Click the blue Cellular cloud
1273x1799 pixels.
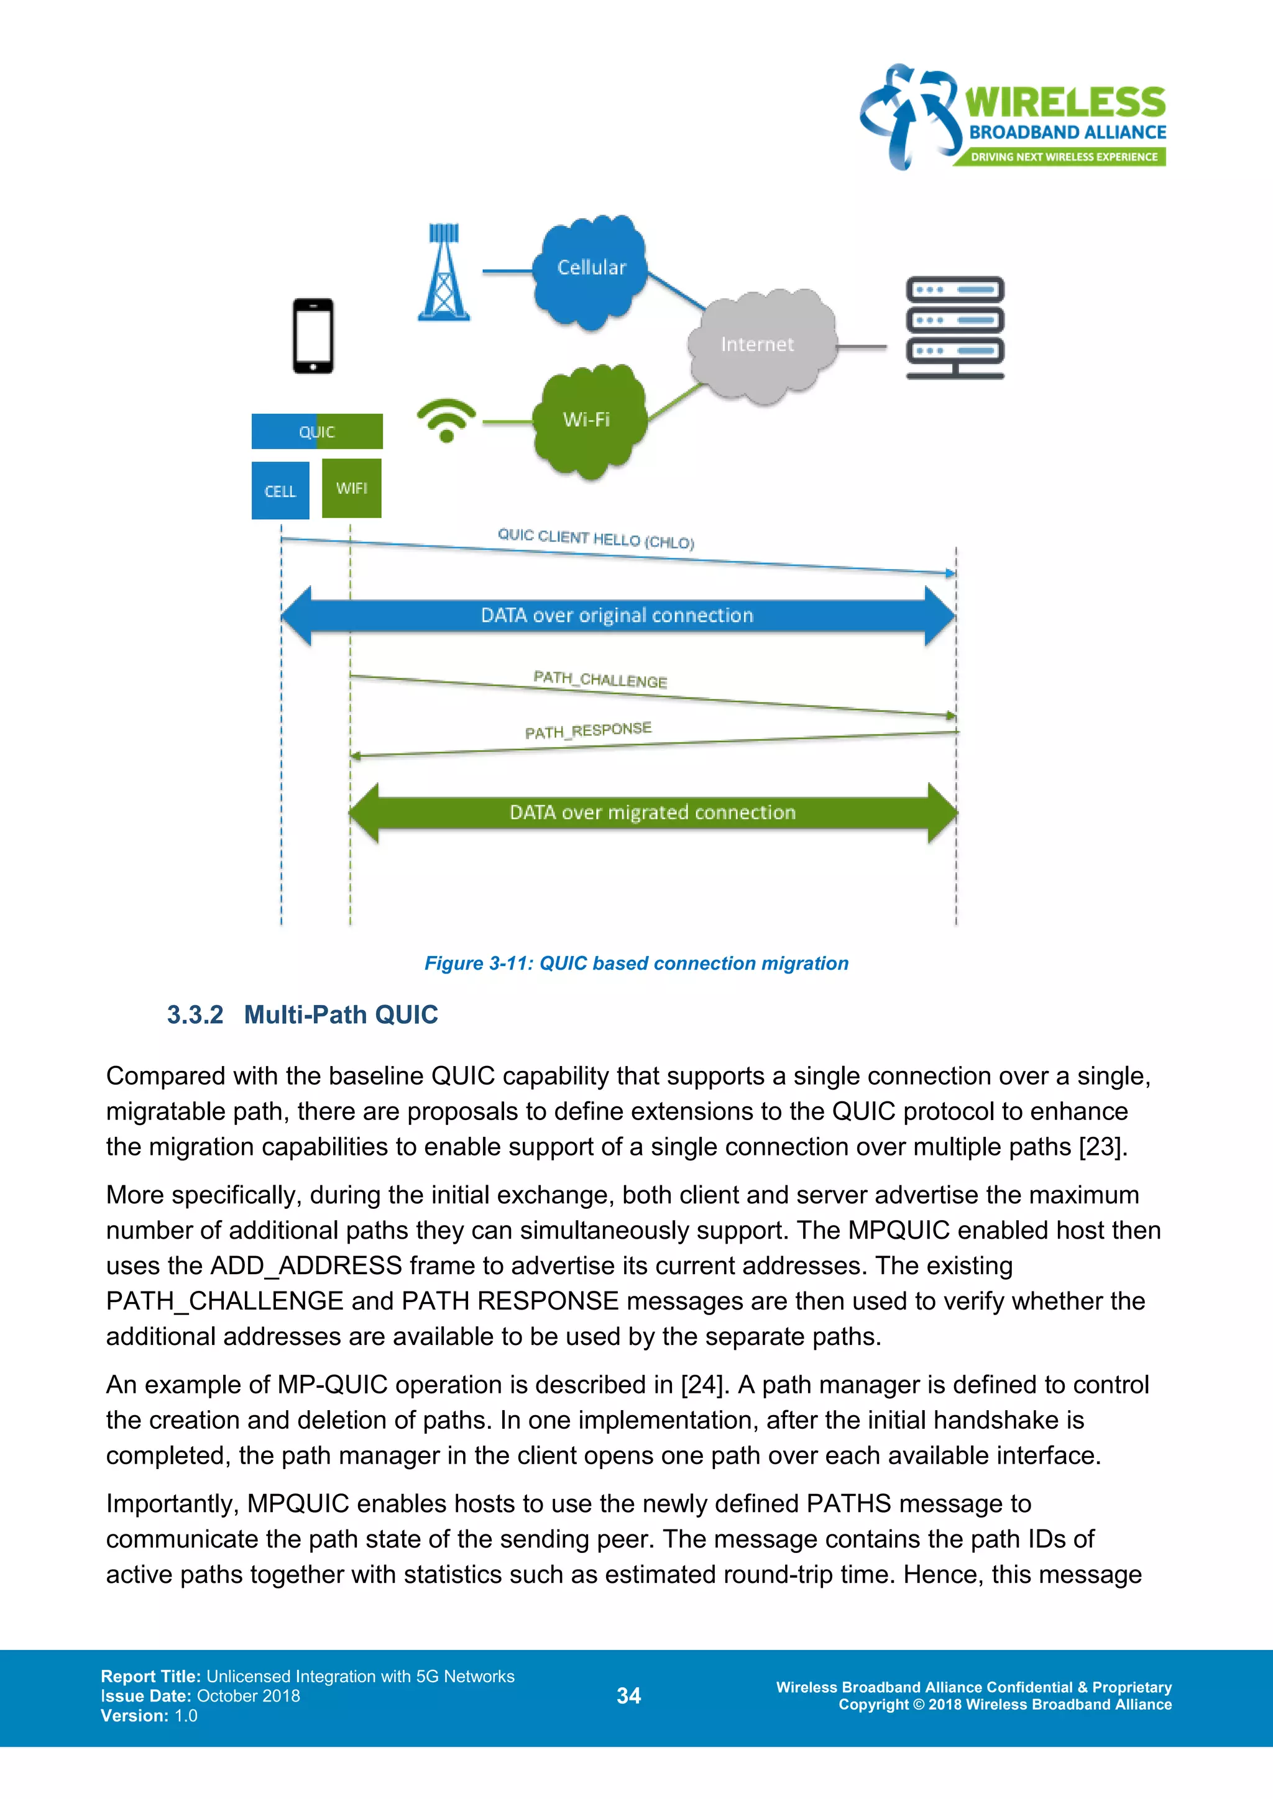[591, 270]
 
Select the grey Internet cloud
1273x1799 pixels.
[759, 345]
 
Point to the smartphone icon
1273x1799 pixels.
[313, 336]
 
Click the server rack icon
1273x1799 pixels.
[954, 327]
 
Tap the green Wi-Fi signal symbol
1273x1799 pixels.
[446, 420]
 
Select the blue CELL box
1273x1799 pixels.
[280, 491]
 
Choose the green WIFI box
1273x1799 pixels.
[351, 488]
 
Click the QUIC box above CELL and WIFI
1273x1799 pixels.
[316, 432]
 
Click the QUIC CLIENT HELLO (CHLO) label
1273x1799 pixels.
[595, 539]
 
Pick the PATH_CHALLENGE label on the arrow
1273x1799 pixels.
[600, 680]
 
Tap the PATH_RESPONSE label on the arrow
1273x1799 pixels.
[588, 731]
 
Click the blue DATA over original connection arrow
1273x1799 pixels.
[617, 616]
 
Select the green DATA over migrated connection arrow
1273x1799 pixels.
[652, 813]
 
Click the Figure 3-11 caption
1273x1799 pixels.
[636, 963]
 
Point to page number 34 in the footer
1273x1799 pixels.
[628, 1696]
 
